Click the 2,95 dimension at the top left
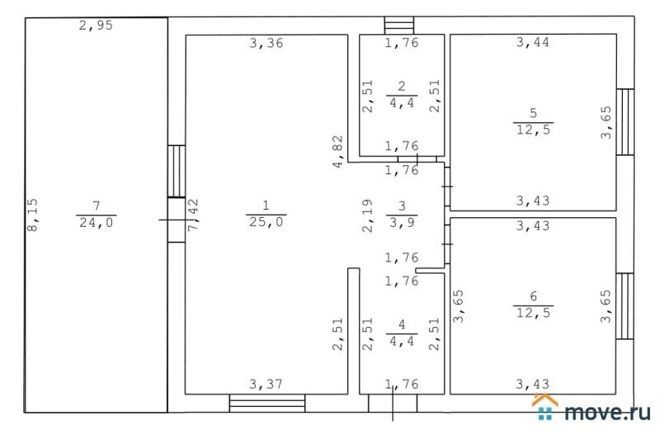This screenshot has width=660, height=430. tap(95, 26)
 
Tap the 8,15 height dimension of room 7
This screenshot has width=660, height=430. tap(33, 215)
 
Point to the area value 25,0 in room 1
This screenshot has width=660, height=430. tap(266, 222)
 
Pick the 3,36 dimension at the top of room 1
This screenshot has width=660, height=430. tap(266, 44)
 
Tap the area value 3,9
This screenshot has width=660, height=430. tap(402, 222)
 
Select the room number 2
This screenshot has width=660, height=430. tap(402, 86)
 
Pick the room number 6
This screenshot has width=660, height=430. tap(533, 297)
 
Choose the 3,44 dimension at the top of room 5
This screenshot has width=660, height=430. tap(532, 44)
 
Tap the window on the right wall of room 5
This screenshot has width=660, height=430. tap(625, 122)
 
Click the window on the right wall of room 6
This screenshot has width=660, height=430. tap(625, 306)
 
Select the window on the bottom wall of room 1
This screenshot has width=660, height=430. tap(266, 403)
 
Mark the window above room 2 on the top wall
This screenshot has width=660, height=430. tap(402, 26)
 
